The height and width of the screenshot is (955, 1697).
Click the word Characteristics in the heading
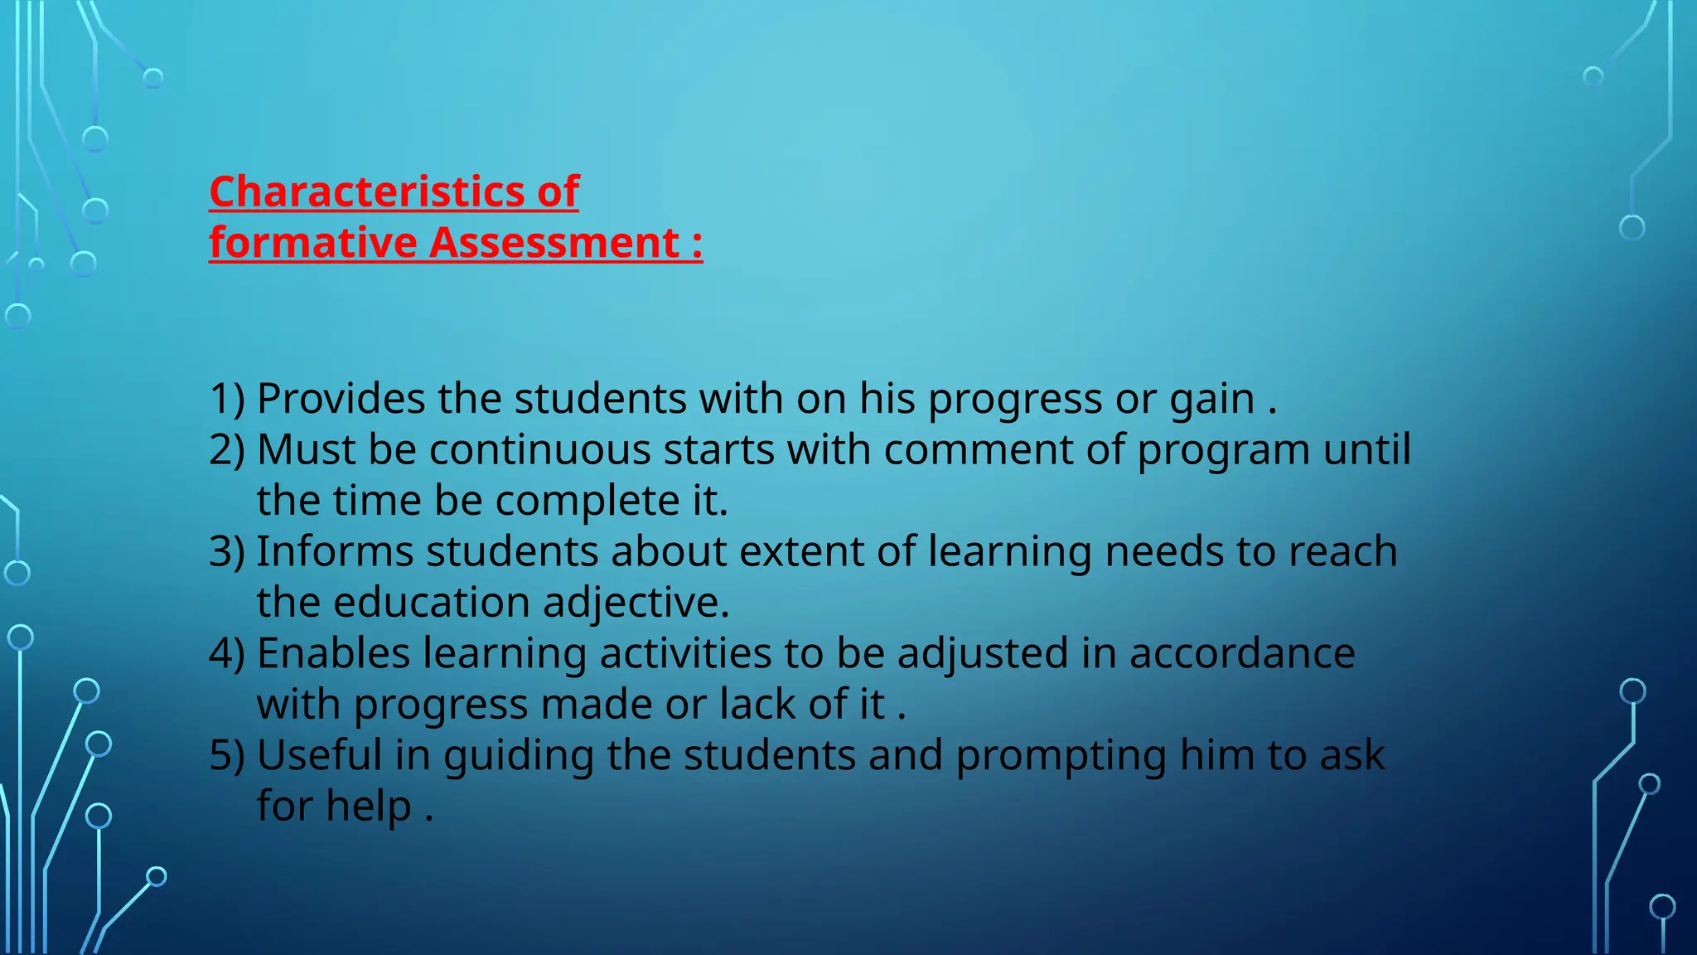(367, 192)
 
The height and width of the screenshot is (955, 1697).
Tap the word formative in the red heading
(312, 244)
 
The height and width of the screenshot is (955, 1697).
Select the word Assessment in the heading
(554, 244)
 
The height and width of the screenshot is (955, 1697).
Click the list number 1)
(227, 399)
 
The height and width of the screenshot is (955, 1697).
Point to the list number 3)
(227, 552)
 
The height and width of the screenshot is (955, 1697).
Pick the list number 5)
(227, 756)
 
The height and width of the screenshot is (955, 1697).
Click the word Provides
(341, 399)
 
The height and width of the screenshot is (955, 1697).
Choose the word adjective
(636, 603)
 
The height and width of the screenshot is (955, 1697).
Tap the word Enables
(333, 654)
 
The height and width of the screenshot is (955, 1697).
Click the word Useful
(319, 756)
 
